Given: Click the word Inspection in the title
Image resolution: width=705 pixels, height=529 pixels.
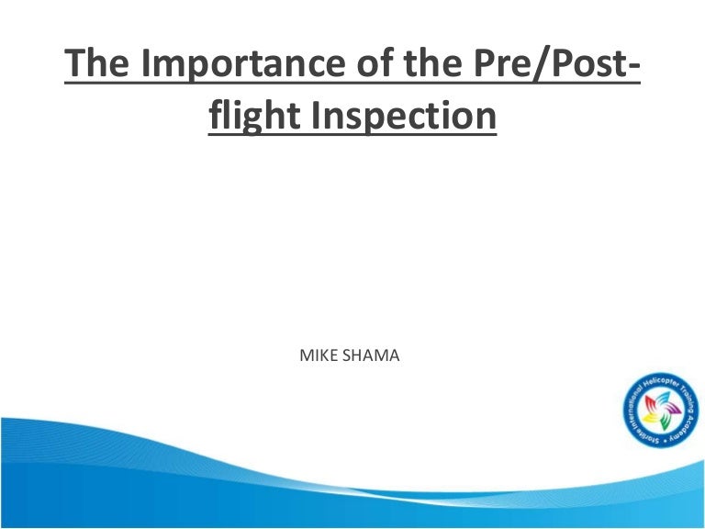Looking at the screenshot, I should coord(401,118).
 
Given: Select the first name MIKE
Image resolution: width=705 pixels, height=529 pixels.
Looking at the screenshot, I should coord(319,354).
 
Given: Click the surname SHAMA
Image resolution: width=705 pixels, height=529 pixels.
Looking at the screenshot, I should coord(371,354).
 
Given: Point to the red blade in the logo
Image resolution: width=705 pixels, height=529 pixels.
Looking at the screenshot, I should coord(649,401).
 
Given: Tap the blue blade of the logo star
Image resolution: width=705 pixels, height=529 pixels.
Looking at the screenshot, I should coord(665,397).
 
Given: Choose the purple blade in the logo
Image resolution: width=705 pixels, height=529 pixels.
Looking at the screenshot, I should coord(674,409).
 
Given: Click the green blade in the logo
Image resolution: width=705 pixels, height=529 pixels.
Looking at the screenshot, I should coord(665,422).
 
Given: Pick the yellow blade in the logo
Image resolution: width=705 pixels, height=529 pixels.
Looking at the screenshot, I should coord(649,418).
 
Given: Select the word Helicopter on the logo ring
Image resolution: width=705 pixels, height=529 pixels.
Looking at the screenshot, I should coord(662,383).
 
